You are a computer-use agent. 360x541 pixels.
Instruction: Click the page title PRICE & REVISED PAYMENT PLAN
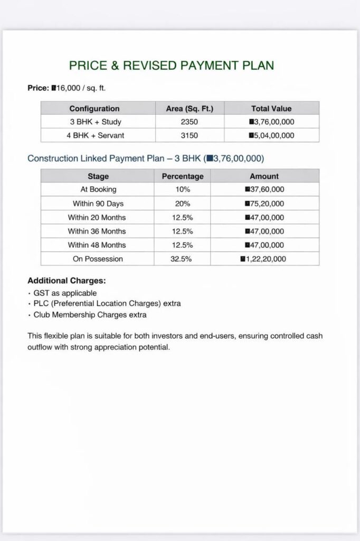[x=172, y=66]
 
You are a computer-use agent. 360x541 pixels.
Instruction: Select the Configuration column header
[x=94, y=108]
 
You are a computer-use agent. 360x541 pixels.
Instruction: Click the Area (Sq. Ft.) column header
[x=190, y=108]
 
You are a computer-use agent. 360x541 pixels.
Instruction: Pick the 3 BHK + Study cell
[x=96, y=122]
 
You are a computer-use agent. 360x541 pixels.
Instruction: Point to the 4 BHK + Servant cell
[x=96, y=135]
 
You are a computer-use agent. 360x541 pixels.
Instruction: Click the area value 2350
[x=190, y=122]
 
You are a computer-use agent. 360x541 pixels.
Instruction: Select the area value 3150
[x=190, y=135]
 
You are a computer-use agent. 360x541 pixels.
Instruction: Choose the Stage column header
[x=98, y=176]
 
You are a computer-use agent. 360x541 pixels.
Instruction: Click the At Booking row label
[x=98, y=189]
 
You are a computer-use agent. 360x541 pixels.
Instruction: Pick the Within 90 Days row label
[x=98, y=203]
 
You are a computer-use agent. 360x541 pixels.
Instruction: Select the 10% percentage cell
[x=182, y=189]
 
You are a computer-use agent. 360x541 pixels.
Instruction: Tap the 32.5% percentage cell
[x=182, y=259]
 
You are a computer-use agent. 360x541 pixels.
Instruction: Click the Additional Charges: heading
[x=67, y=281]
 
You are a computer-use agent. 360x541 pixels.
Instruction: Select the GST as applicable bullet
[x=65, y=293]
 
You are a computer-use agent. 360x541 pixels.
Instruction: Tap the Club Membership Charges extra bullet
[x=90, y=315]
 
